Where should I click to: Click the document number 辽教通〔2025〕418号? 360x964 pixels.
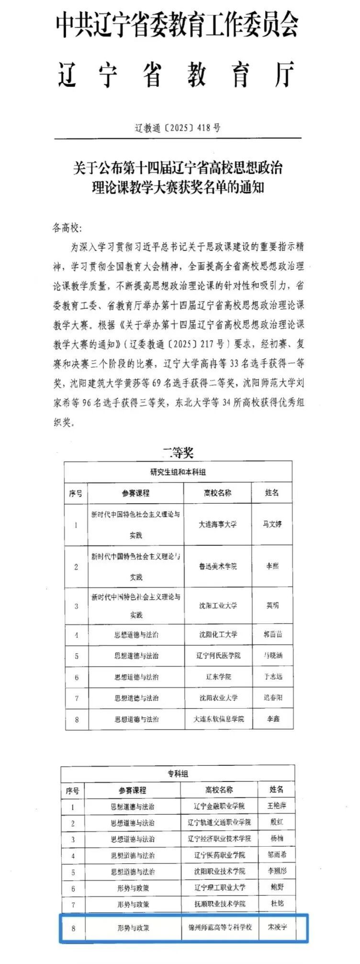pyautogui.click(x=178, y=128)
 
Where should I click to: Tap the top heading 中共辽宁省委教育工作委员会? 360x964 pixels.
pyautogui.click(x=178, y=24)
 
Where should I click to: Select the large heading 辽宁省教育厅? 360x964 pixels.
pyautogui.click(x=177, y=74)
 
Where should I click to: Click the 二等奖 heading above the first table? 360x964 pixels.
pyautogui.click(x=178, y=452)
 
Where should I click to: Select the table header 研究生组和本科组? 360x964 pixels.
pyautogui.click(x=178, y=472)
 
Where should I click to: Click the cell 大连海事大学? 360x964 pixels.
pyautogui.click(x=218, y=524)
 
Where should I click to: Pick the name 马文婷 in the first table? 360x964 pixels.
pyautogui.click(x=272, y=524)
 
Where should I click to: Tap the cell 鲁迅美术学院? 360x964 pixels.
pyautogui.click(x=218, y=566)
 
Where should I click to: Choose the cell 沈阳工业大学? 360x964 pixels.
pyautogui.click(x=218, y=605)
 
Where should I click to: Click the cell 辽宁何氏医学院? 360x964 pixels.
pyautogui.click(x=218, y=655)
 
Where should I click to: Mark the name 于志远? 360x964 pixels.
pyautogui.click(x=272, y=677)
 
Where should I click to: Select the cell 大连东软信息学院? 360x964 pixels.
pyautogui.click(x=218, y=719)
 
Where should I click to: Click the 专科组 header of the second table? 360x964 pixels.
pyautogui.click(x=178, y=773)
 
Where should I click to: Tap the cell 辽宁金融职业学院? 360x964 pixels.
pyautogui.click(x=219, y=806)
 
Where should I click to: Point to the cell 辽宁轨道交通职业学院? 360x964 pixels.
pyautogui.click(x=219, y=822)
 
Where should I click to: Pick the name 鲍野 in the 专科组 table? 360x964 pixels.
pyautogui.click(x=277, y=887)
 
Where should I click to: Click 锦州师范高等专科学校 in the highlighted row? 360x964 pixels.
pyautogui.click(x=220, y=927)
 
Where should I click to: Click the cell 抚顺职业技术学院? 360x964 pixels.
pyautogui.click(x=220, y=904)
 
